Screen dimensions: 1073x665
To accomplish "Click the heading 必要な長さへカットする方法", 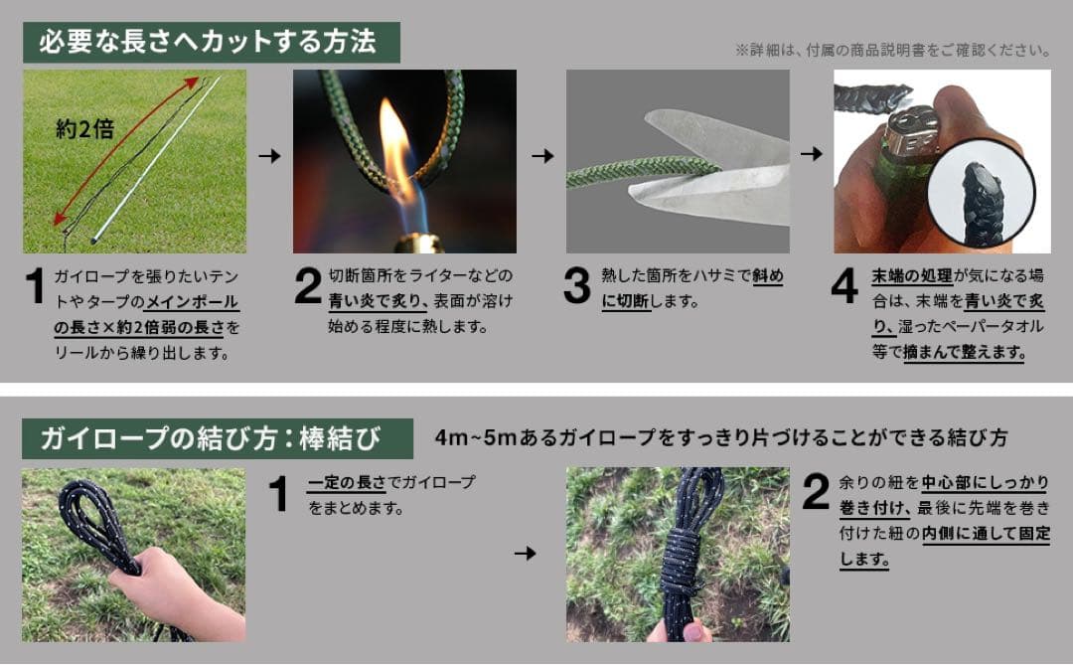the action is coord(208,42).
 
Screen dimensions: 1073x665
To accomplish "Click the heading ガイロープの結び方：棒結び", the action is coord(210,438).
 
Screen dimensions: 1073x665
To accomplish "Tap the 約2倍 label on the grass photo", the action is coord(84,129).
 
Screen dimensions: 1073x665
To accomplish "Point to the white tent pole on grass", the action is coord(155,160).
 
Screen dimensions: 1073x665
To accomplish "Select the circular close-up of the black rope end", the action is coord(982,195).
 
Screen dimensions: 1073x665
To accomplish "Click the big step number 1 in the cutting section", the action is coord(34,285).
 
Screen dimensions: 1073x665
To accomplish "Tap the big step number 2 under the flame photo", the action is coord(307,285).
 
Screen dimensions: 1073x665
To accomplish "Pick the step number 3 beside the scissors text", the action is coord(576,285).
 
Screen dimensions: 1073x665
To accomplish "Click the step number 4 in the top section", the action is coord(844,285).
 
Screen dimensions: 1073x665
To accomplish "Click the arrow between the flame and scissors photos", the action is coord(542,155).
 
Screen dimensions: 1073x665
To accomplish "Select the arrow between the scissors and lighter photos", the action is coord(812,153).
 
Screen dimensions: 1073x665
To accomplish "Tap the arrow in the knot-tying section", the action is coord(525,553).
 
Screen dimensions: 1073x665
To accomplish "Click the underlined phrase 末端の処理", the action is coord(912,276).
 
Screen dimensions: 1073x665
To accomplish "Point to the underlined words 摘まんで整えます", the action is coord(964,353).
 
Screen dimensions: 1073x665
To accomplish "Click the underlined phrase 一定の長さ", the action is coord(347,483).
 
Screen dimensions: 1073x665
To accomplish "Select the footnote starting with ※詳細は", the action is coord(892,50).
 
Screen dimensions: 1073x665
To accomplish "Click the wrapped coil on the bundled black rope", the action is coord(681,561).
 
